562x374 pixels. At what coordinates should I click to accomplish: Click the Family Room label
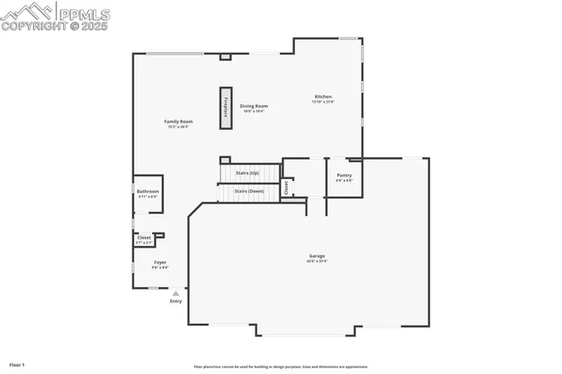pyautogui.click(x=178, y=121)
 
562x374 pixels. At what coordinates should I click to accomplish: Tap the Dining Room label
pyautogui.click(x=254, y=106)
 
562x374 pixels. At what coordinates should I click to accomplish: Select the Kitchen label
pyautogui.click(x=323, y=97)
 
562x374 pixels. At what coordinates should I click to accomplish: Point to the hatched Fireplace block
pyautogui.click(x=226, y=108)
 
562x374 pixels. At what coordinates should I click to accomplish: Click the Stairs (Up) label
pyautogui.click(x=249, y=173)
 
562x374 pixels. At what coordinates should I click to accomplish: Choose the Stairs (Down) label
pyautogui.click(x=249, y=191)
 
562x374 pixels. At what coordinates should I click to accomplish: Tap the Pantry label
pyautogui.click(x=344, y=175)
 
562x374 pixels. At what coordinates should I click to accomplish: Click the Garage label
pyautogui.click(x=316, y=256)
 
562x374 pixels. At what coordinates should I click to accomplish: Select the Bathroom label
pyautogui.click(x=148, y=191)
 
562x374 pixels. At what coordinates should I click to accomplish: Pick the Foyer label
pyautogui.click(x=161, y=262)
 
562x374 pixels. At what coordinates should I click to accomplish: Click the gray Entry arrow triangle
pyautogui.click(x=176, y=293)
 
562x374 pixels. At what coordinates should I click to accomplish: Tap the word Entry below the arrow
pyautogui.click(x=176, y=301)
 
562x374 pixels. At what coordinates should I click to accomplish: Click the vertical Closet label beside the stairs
pyautogui.click(x=285, y=188)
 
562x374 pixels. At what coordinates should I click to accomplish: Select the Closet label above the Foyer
pyautogui.click(x=144, y=237)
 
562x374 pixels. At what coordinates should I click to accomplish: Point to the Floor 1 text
pyautogui.click(x=18, y=363)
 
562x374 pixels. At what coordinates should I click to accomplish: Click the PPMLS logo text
pyautogui.click(x=83, y=14)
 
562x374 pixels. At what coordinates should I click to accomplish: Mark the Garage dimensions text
pyautogui.click(x=316, y=262)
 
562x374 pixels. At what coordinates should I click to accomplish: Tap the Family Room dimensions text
pyautogui.click(x=178, y=126)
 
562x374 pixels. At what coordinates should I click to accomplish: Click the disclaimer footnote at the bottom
pyautogui.click(x=281, y=367)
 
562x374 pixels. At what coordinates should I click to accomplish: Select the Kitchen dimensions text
pyautogui.click(x=323, y=102)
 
